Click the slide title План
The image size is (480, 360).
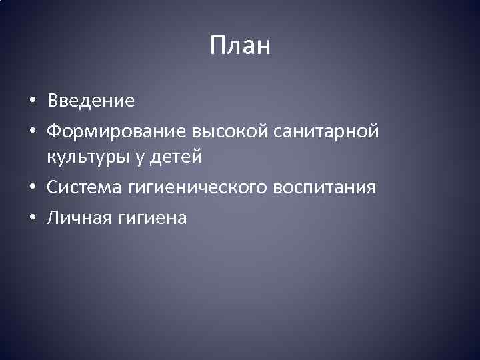click(240, 47)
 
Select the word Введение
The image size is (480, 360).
click(91, 101)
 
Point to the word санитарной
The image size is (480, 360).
click(326, 131)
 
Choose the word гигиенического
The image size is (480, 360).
click(193, 189)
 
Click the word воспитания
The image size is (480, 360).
click(325, 189)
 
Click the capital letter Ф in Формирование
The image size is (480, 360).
click(53, 131)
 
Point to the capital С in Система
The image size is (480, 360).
click(52, 188)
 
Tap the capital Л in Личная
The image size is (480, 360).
click(53, 217)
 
